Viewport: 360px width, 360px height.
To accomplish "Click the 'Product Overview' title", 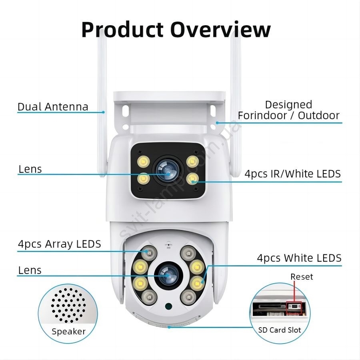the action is pyautogui.click(x=176, y=30).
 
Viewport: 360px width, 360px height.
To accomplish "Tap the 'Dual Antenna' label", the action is pyautogui.click(x=53, y=107).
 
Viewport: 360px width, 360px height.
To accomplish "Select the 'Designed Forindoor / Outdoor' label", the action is pyautogui.click(x=288, y=110).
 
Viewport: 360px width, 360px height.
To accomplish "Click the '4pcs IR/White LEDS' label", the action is pyautogui.click(x=292, y=174).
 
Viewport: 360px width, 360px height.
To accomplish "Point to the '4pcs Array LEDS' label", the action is pyautogui.click(x=60, y=244).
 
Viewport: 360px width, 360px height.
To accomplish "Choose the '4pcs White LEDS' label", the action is pyautogui.click(x=299, y=258).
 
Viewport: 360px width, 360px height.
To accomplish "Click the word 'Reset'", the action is pyautogui.click(x=302, y=277).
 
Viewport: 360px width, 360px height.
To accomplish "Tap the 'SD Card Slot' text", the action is pyautogui.click(x=280, y=330).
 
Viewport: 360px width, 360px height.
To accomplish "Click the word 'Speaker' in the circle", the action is pyautogui.click(x=68, y=332).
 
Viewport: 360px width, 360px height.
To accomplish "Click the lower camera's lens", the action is pyautogui.click(x=168, y=274).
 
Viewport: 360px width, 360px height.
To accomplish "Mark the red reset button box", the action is pyautogui.click(x=294, y=308).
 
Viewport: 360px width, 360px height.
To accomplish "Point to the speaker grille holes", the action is pyautogui.click(x=68, y=305).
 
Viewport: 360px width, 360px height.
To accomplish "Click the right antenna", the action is pyautogui.click(x=236, y=106).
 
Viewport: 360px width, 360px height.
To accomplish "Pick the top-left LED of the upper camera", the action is pyautogui.click(x=144, y=162).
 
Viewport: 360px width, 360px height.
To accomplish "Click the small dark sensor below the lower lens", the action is pyautogui.click(x=169, y=306).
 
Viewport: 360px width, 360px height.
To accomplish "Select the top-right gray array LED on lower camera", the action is pyautogui.click(x=188, y=253).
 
